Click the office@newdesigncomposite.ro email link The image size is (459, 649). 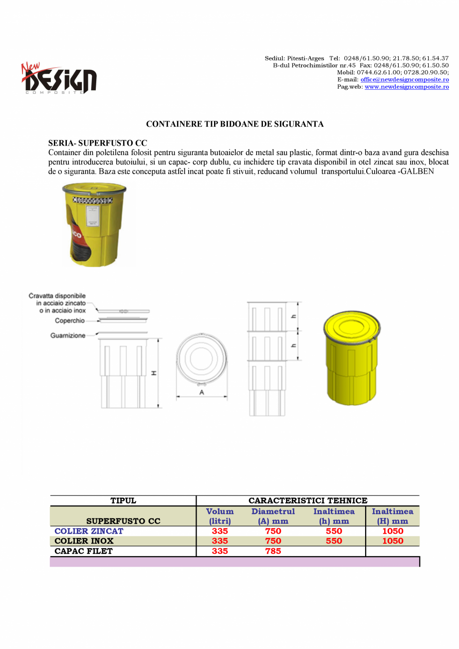405,79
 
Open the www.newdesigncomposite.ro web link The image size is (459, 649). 407,87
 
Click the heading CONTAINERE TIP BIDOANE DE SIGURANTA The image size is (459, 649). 234,124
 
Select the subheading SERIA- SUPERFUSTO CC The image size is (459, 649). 97,143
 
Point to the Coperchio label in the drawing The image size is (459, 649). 70,321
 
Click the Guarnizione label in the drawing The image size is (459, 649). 68,336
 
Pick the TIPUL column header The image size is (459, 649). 123,501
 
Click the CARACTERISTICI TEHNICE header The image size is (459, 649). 308,501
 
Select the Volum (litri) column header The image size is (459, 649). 220,516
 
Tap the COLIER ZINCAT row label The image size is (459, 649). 88,531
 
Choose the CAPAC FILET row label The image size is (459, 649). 83,551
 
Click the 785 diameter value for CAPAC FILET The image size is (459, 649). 273,551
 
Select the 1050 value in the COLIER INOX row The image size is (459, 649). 393,541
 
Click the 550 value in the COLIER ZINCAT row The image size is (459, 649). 334,531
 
